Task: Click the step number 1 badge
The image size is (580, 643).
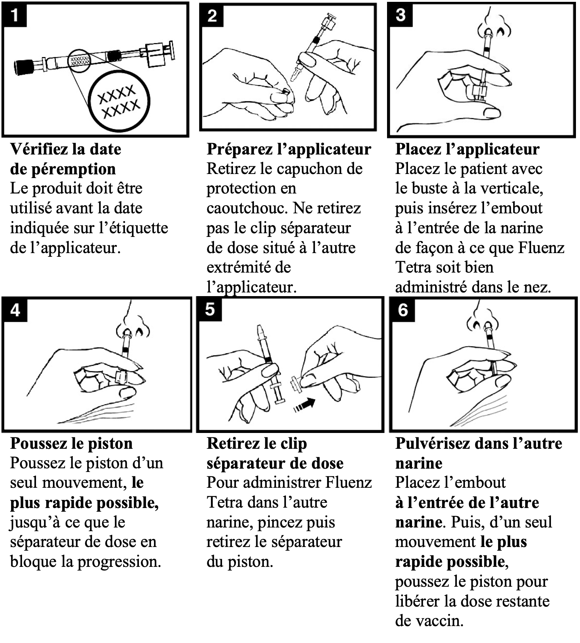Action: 14,15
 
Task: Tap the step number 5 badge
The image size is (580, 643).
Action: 210,309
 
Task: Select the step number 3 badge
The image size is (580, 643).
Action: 400,15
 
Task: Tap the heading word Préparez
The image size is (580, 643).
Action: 232,149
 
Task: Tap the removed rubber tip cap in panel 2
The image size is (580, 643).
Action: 285,90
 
